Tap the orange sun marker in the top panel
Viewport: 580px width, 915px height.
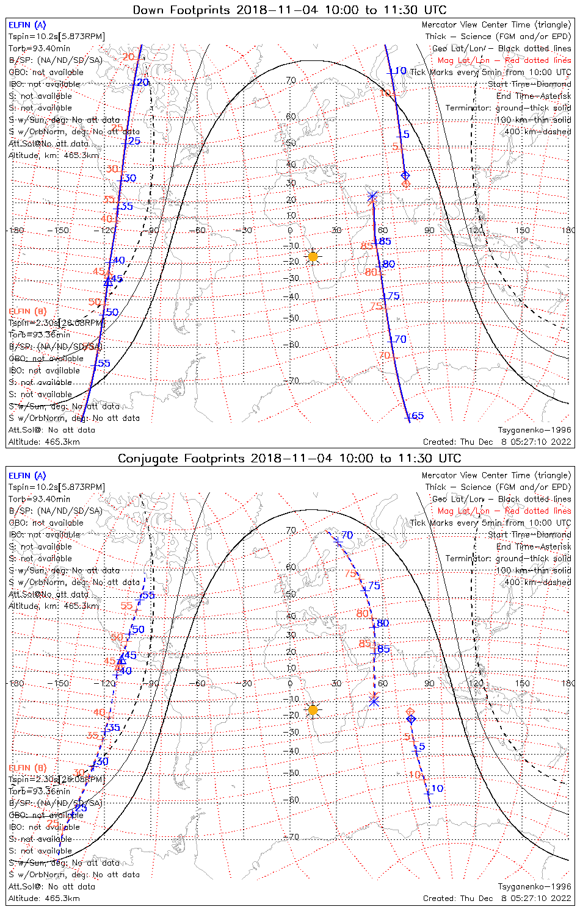point(313,257)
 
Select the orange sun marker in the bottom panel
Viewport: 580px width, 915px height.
point(313,710)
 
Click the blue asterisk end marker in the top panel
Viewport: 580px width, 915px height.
point(372,196)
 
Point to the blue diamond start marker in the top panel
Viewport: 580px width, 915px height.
point(405,176)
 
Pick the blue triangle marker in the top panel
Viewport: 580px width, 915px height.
point(108,282)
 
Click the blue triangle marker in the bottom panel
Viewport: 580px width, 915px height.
point(121,659)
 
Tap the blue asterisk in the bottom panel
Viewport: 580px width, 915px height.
point(374,701)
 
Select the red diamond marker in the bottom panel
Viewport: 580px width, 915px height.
point(410,711)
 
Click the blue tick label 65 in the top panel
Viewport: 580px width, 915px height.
point(416,416)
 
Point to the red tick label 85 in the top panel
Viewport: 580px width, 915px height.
point(367,246)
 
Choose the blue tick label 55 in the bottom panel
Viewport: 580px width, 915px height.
point(148,595)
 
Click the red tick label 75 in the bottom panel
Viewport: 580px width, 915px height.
point(350,573)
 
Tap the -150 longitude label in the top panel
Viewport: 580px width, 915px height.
point(62,230)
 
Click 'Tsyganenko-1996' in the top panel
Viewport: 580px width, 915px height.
point(534,430)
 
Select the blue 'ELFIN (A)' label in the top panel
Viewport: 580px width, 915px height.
point(27,25)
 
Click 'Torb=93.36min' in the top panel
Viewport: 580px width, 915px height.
point(39,334)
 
